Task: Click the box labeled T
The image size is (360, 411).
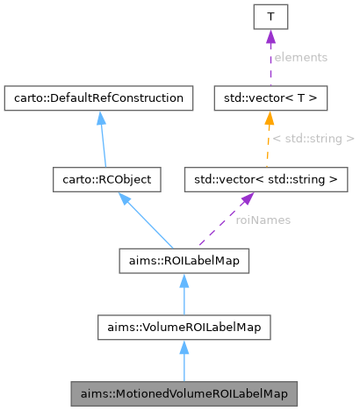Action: point(271,17)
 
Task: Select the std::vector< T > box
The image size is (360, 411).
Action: point(271,97)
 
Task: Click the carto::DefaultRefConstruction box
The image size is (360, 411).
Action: point(98,97)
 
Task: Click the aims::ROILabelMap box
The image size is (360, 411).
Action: point(184,260)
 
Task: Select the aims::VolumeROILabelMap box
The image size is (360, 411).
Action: point(184,328)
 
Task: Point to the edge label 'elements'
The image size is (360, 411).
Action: point(299,57)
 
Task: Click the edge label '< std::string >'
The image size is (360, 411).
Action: point(313,139)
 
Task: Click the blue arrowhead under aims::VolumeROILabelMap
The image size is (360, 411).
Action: point(184,347)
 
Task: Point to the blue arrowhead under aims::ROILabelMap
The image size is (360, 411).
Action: point(184,279)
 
